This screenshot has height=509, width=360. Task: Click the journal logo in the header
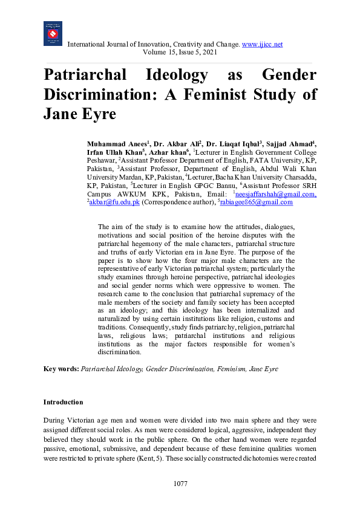tap(53, 34)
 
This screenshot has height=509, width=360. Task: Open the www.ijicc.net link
tap(262, 45)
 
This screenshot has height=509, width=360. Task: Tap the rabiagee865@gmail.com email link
tap(255, 203)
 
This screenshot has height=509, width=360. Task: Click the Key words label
tap(61, 368)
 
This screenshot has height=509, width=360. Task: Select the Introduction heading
tap(63, 402)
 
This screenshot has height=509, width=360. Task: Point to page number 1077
tap(180, 484)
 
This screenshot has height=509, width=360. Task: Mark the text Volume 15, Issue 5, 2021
tap(180, 53)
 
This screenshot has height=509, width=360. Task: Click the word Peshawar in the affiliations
tap(101, 162)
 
